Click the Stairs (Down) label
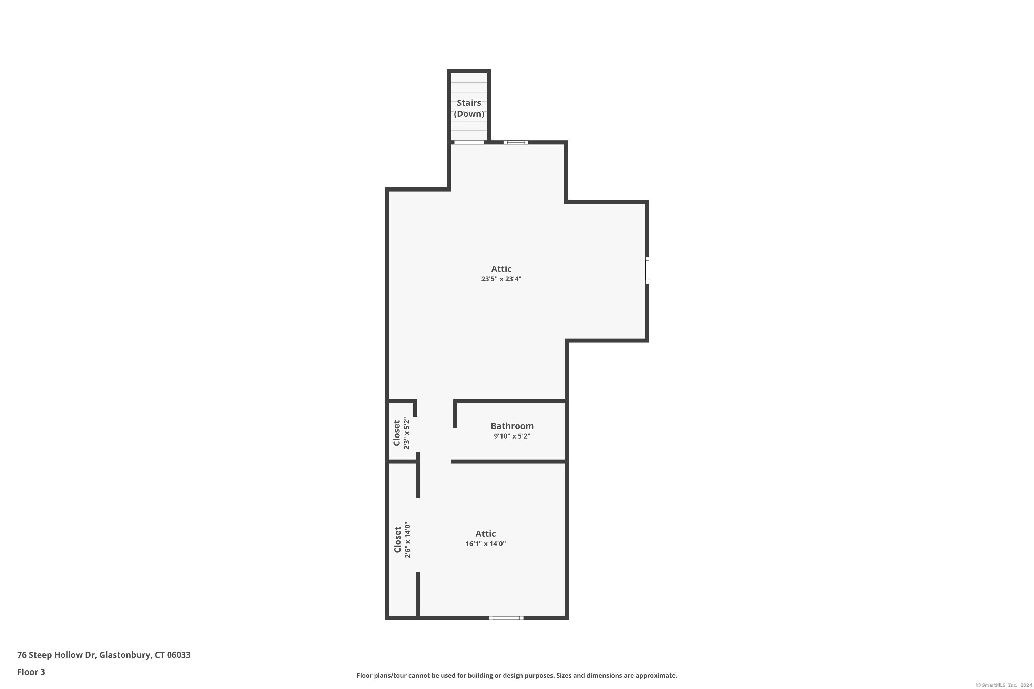click(469, 108)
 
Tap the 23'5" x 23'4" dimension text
click(501, 279)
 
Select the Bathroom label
click(512, 426)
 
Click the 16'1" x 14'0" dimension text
click(485, 544)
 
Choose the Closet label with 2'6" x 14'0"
click(397, 540)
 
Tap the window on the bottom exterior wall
click(506, 618)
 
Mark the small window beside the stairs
click(516, 142)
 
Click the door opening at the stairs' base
click(469, 142)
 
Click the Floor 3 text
click(31, 672)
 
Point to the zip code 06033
click(179, 655)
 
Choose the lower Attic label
click(485, 533)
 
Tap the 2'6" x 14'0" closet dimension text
click(407, 540)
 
